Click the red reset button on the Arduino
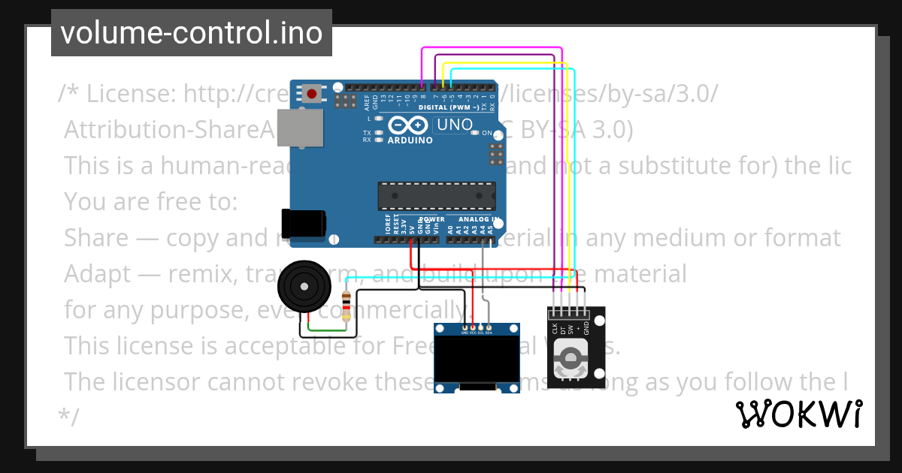point(311,94)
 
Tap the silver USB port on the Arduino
point(298,128)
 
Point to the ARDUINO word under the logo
point(410,140)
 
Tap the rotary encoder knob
point(569,359)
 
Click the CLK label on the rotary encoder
point(555,328)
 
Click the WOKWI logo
point(798,414)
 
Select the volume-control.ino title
point(191,33)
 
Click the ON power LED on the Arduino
point(475,133)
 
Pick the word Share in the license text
point(96,238)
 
